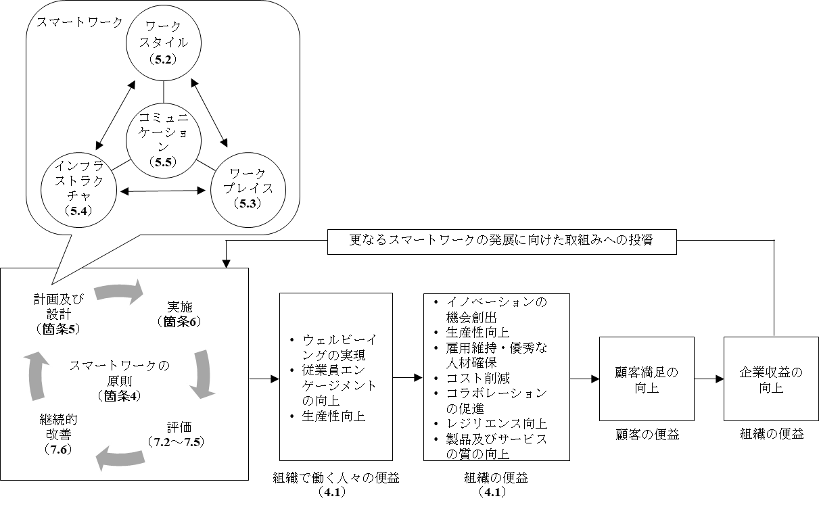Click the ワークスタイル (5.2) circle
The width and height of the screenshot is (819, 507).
coord(164,43)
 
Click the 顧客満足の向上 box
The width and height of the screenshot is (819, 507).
coord(637,379)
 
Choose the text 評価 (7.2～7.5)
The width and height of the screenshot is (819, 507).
coord(175,434)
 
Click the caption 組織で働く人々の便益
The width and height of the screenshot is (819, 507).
coord(335,479)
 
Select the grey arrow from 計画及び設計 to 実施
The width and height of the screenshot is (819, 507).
coord(118,293)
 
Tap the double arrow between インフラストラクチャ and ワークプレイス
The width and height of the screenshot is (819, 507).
coord(162,191)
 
